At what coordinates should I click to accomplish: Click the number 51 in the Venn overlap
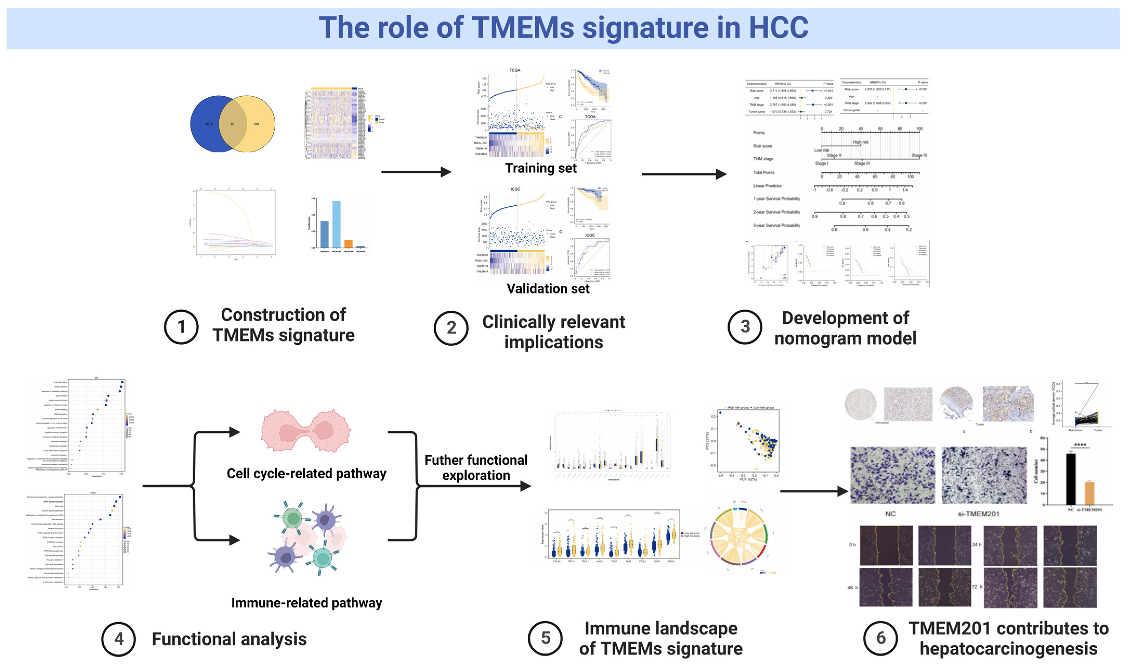tap(232, 124)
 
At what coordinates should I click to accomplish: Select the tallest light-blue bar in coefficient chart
tap(336, 224)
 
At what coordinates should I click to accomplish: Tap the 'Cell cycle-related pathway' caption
tap(306, 474)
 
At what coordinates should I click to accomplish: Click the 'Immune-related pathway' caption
tap(306, 603)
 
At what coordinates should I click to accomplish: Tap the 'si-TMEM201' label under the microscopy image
tap(978, 514)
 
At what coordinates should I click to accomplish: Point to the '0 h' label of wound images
tap(852, 545)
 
